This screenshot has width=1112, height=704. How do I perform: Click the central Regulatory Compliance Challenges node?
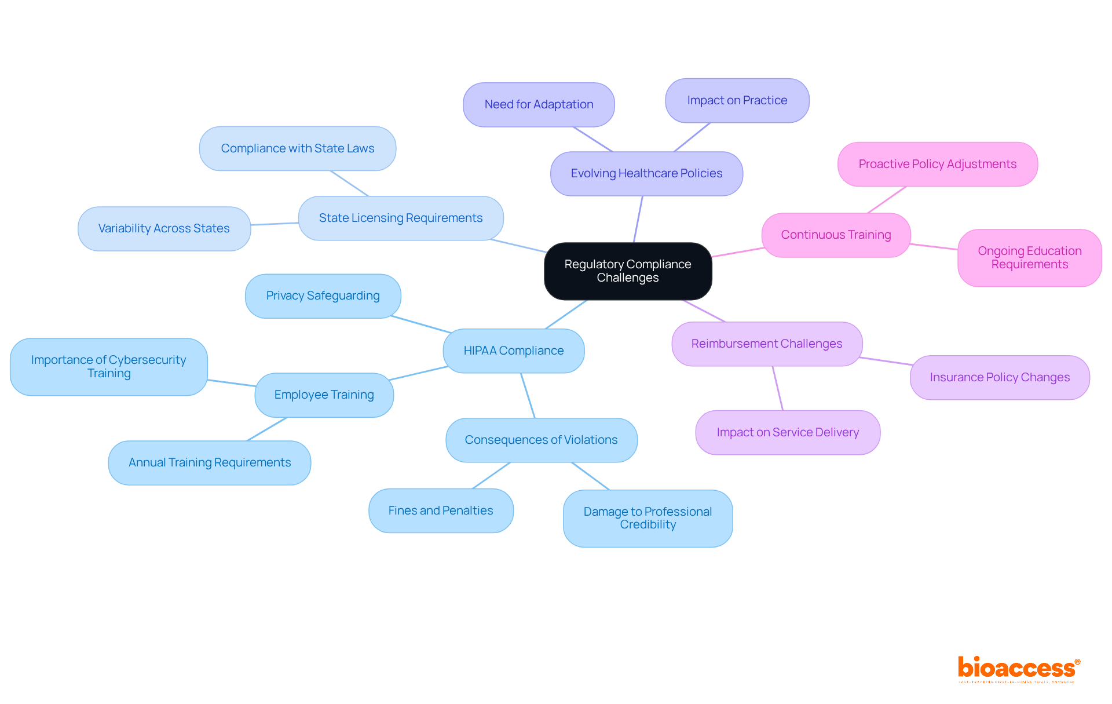click(x=628, y=271)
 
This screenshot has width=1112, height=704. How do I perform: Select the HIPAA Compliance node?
click(x=513, y=351)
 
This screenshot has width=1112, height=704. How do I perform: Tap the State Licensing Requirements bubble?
click(x=400, y=218)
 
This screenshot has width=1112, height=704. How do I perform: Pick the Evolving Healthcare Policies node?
click(x=646, y=173)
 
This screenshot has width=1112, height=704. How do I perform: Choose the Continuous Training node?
click(x=836, y=235)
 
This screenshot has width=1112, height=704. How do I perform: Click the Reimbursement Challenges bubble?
click(x=766, y=344)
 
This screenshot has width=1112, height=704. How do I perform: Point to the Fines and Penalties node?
click(x=441, y=510)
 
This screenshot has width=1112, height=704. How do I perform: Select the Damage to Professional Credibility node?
click(x=648, y=518)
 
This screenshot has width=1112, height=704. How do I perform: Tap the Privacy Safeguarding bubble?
click(x=323, y=296)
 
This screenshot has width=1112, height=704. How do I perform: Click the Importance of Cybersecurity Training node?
click(x=108, y=366)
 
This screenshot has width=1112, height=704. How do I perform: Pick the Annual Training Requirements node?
click(x=209, y=462)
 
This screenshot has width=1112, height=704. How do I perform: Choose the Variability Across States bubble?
click(x=164, y=228)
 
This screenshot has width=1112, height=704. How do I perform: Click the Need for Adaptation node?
click(x=539, y=104)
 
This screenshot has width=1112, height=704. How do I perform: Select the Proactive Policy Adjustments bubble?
click(x=937, y=164)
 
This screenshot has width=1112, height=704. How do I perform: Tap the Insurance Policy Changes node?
click(x=1000, y=377)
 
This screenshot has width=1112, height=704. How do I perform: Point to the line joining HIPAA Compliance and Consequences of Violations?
click(x=528, y=395)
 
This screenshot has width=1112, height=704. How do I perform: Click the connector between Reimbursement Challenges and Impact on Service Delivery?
click(x=778, y=388)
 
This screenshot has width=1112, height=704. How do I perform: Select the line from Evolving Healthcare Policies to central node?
click(x=638, y=219)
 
